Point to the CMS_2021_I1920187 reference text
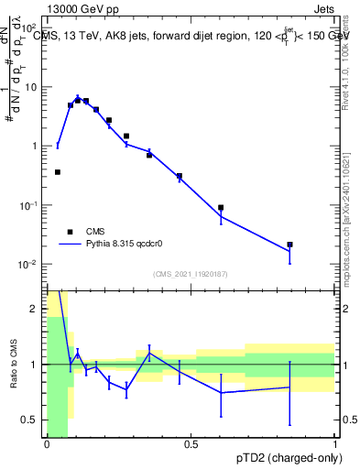(x=191, y=274)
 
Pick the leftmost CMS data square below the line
(x=58, y=171)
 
